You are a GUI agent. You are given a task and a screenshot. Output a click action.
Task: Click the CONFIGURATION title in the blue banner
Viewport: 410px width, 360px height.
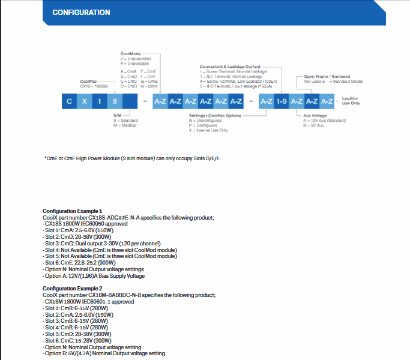pyautogui.click(x=81, y=13)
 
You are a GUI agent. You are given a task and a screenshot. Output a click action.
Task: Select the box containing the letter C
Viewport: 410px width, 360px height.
pyautogui.click(x=69, y=101)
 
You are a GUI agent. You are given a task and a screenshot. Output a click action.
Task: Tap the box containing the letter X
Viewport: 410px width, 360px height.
pyautogui.click(x=85, y=101)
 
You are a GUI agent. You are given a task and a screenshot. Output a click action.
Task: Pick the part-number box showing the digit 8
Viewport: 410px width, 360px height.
pyautogui.click(x=115, y=101)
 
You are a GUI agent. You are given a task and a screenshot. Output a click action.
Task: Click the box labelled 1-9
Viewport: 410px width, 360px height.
pyautogui.click(x=282, y=101)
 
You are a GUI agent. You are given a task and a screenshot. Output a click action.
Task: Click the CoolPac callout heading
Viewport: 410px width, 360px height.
pyautogui.click(x=88, y=81)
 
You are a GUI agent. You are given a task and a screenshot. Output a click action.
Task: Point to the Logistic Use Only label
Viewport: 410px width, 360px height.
pyautogui.click(x=351, y=100)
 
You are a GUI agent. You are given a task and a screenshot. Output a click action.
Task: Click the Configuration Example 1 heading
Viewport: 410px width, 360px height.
pyautogui.click(x=73, y=211)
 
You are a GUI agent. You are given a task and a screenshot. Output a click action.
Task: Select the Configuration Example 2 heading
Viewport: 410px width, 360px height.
pyautogui.click(x=73, y=289)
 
